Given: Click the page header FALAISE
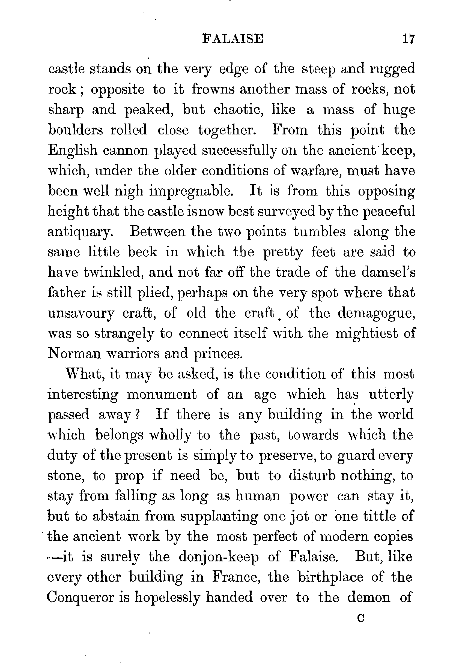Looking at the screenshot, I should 233,39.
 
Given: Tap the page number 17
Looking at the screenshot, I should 409,39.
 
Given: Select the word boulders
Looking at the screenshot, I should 76,130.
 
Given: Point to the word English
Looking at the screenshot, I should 73,151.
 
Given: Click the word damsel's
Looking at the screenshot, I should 375,272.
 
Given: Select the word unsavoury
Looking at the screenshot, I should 81,314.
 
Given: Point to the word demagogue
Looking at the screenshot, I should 376,314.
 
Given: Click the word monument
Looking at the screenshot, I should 162,395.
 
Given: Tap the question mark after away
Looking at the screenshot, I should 138,415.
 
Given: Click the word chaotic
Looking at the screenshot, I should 239,110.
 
